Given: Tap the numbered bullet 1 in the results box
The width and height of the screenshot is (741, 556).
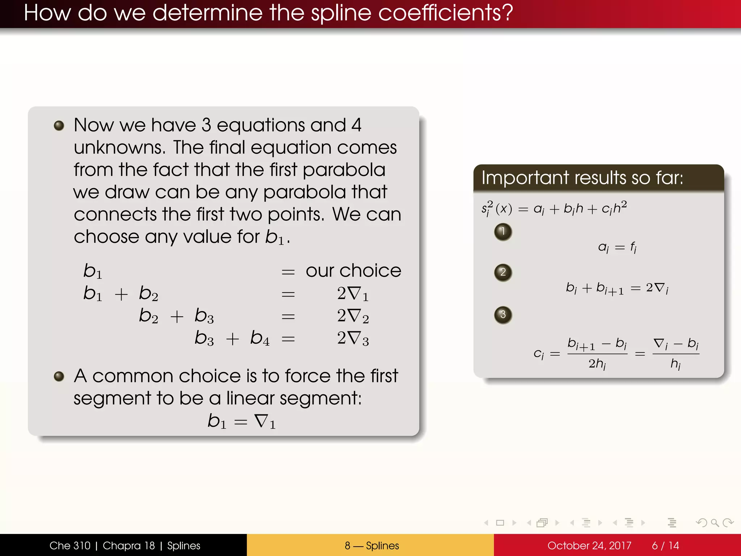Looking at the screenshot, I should coord(503,231).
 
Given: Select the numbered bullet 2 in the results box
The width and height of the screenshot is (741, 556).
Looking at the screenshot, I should coord(503,272).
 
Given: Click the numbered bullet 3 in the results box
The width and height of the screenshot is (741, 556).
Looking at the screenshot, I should coord(503,315).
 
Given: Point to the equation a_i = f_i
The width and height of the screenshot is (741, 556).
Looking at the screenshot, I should coord(617,248).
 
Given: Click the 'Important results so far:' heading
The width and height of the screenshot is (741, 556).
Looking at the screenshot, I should coord(582,178).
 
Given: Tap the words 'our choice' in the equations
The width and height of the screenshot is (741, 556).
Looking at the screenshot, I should coord(353,271).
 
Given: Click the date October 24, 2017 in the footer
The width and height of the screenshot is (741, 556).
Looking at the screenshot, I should coord(589,546).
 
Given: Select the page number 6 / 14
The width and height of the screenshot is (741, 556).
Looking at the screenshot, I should coord(665,546).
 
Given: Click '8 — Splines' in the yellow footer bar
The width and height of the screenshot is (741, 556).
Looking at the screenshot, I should coord(372,546).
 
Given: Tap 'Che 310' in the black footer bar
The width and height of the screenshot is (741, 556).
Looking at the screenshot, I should coord(70,546).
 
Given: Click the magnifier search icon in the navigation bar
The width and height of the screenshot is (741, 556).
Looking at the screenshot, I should coord(715,523).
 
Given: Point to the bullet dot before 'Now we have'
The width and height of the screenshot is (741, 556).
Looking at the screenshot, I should coord(59,126).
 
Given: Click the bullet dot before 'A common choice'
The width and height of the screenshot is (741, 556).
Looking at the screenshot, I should coord(59,376).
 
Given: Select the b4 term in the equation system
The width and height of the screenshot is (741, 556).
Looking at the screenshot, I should coord(260,338).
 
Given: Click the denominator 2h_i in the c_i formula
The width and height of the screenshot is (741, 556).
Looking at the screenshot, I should coord(597,363).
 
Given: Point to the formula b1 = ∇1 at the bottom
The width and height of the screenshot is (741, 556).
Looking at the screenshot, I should coord(241,421).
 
